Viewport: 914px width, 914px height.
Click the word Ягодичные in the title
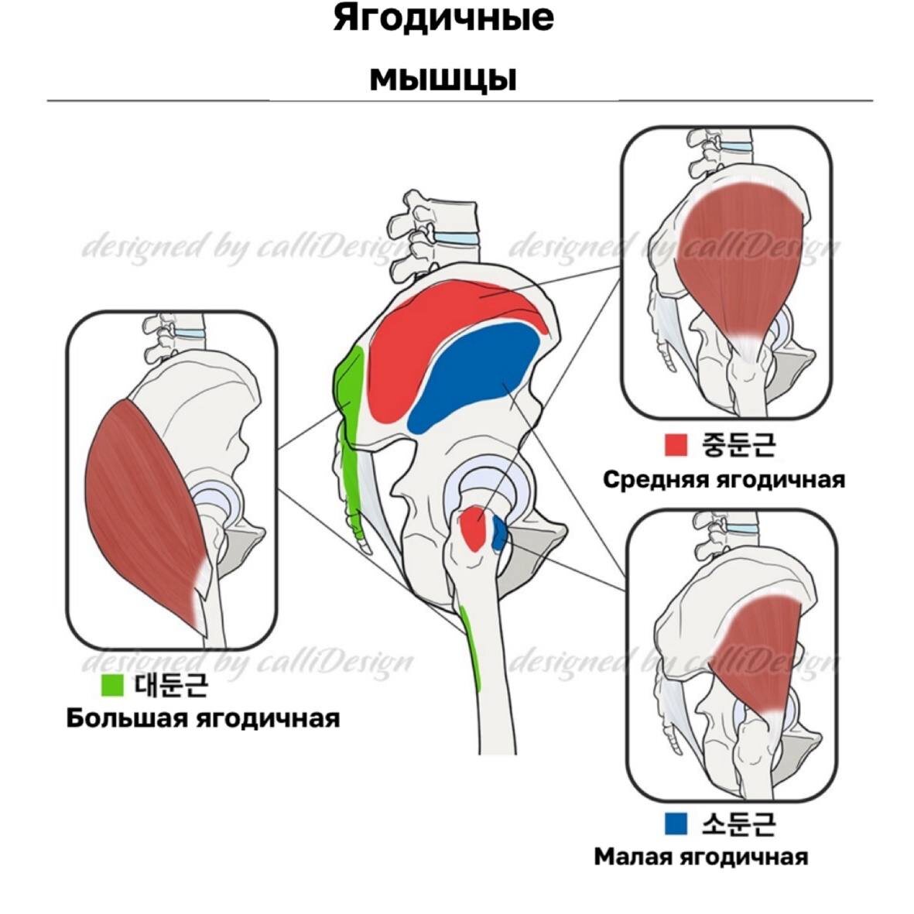click(443, 19)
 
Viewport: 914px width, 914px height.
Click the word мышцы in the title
click(443, 78)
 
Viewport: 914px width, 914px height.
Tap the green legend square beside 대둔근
click(113, 684)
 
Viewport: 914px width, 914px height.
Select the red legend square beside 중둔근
click(676, 444)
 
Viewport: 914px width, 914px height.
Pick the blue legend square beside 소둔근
click(676, 823)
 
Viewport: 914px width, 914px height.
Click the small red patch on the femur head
click(474, 528)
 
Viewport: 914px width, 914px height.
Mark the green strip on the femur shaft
click(471, 646)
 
